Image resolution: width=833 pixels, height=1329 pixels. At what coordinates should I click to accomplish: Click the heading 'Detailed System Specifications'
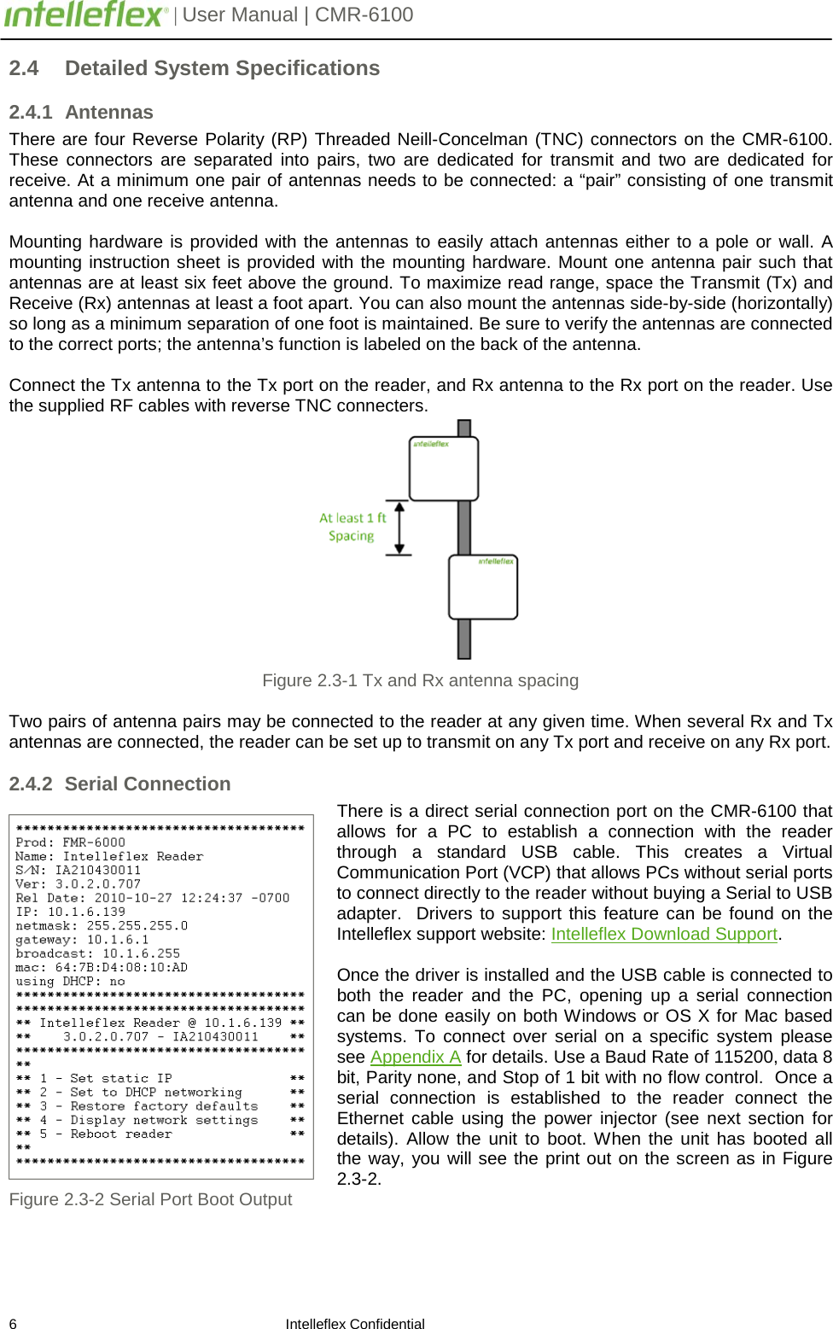(x=222, y=68)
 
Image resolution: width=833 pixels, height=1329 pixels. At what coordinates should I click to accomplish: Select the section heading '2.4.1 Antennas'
(x=81, y=113)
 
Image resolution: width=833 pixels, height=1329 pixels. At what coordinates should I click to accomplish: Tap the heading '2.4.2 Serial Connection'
(x=119, y=784)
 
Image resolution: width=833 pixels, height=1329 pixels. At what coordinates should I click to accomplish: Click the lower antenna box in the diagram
(x=483, y=587)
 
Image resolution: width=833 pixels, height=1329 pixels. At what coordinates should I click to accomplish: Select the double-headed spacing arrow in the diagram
(x=399, y=528)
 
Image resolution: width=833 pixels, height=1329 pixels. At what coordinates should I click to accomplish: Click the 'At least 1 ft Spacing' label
(x=352, y=527)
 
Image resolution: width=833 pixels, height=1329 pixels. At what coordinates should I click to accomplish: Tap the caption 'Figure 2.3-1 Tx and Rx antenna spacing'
(x=420, y=680)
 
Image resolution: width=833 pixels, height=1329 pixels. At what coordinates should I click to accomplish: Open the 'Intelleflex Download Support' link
(x=664, y=934)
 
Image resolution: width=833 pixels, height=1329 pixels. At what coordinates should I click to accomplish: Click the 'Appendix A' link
(x=416, y=1057)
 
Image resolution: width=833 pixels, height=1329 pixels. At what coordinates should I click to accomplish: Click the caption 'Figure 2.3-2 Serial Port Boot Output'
(x=150, y=1199)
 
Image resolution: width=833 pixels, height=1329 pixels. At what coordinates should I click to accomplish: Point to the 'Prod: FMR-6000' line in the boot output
(x=70, y=842)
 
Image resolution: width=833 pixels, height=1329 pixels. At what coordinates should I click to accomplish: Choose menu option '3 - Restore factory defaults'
(x=149, y=1106)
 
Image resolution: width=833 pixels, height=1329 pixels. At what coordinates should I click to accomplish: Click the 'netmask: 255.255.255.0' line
(x=102, y=925)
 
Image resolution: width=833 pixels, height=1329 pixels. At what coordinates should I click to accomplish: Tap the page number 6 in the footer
(x=13, y=1323)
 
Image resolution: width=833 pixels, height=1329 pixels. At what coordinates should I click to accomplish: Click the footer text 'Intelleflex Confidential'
(x=355, y=1324)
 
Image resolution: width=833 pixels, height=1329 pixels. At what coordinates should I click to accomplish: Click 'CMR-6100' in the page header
(x=364, y=15)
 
